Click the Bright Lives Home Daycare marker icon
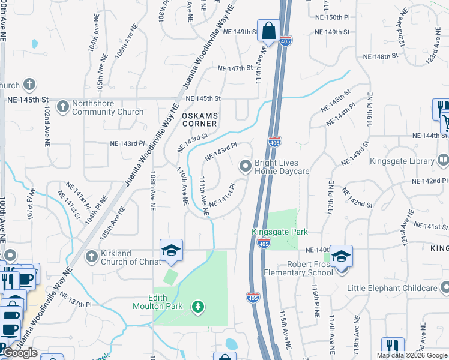[x=245, y=166]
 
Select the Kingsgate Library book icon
[x=443, y=160]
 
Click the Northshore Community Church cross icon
[x=62, y=107]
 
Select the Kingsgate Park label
[x=280, y=232]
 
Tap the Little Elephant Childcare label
[x=393, y=289]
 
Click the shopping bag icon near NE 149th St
[x=269, y=30]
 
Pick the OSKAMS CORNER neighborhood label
[x=200, y=119]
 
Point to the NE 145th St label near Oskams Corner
[x=203, y=98]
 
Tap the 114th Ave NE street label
[x=259, y=67]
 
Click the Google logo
[x=20, y=353]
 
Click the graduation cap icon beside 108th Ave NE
[x=171, y=250]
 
